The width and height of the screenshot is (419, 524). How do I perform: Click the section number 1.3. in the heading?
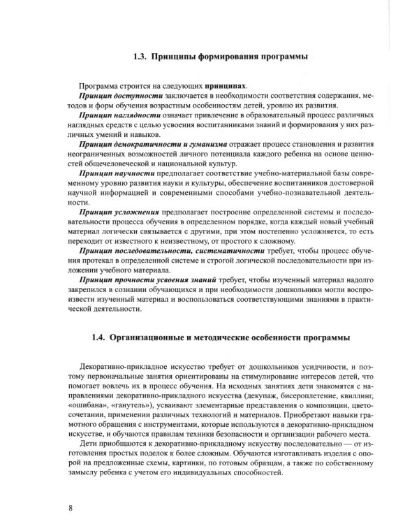(142, 57)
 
